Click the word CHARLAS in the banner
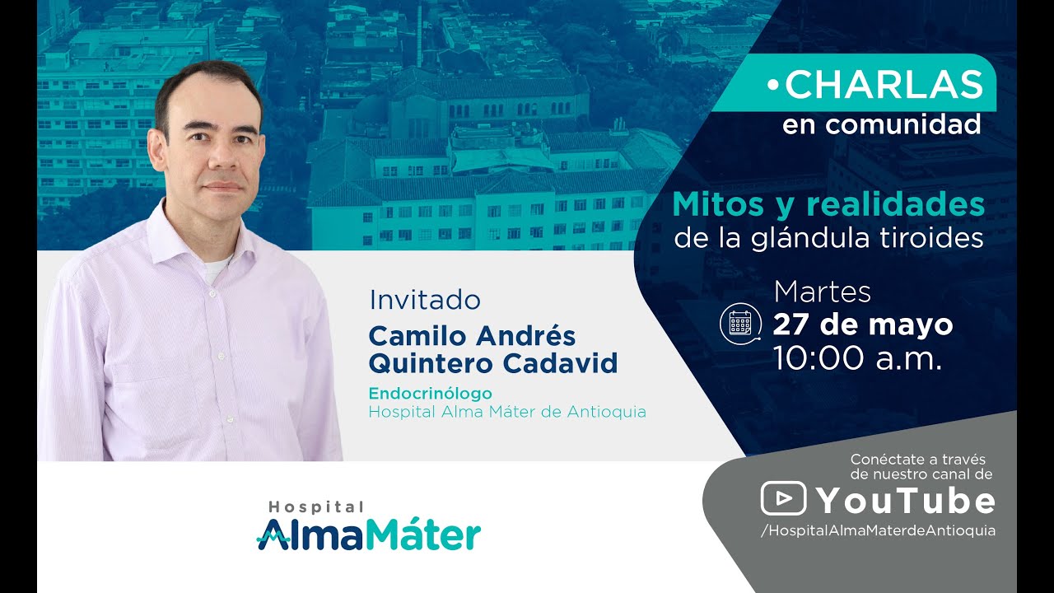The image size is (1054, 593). [884, 85]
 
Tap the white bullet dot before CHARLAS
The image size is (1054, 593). [772, 85]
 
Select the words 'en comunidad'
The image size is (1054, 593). [881, 125]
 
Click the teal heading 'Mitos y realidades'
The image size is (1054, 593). [828, 205]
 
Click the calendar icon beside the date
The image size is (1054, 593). [739, 323]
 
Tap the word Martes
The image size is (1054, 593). [823, 292]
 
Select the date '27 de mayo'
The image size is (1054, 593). [862, 325]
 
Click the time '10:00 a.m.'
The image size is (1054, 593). [857, 358]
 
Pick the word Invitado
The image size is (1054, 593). [425, 299]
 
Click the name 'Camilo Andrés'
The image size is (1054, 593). [472, 335]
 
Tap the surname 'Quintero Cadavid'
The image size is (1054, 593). [492, 362]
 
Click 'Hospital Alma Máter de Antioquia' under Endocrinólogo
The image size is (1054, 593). [507, 412]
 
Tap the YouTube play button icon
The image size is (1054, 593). [783, 499]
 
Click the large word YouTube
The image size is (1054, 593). [905, 501]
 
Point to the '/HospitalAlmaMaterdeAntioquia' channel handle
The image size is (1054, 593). [878, 530]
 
